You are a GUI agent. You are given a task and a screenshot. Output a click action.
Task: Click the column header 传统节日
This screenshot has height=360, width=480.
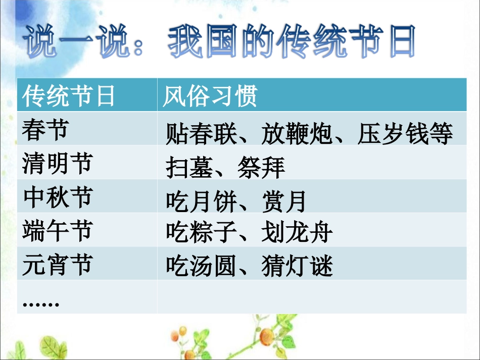(x=69, y=96)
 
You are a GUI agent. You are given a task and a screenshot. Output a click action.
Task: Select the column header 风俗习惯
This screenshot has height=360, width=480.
(x=210, y=96)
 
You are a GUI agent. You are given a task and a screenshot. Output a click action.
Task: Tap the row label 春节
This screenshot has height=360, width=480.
(x=45, y=130)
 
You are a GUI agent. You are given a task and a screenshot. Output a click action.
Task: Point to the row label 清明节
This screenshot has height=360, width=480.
(x=57, y=164)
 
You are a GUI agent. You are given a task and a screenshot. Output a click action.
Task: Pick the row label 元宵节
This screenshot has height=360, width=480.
(x=57, y=265)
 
